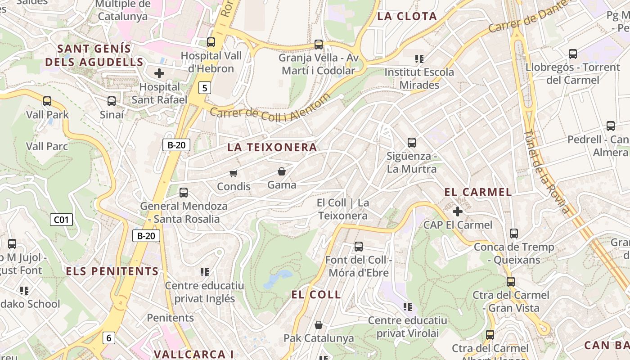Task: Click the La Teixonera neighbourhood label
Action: (272, 147)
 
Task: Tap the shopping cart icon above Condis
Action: (233, 173)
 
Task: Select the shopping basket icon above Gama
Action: (282, 171)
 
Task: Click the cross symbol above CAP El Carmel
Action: (458, 211)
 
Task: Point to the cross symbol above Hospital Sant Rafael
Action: (159, 73)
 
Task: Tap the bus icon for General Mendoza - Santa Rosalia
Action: (184, 193)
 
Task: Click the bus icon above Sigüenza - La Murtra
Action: (412, 143)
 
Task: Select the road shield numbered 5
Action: (205, 88)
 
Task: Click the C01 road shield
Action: (61, 220)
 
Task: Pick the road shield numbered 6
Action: (108, 337)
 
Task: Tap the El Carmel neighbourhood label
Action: (478, 192)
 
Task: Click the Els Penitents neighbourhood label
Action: (112, 271)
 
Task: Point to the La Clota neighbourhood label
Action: (407, 17)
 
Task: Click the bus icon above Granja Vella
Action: (319, 45)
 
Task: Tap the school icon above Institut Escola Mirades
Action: (419, 59)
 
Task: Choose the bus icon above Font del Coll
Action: (359, 247)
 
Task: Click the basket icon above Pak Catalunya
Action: (319, 325)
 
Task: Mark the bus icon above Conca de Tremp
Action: (514, 234)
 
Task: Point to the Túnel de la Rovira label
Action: (547, 171)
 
